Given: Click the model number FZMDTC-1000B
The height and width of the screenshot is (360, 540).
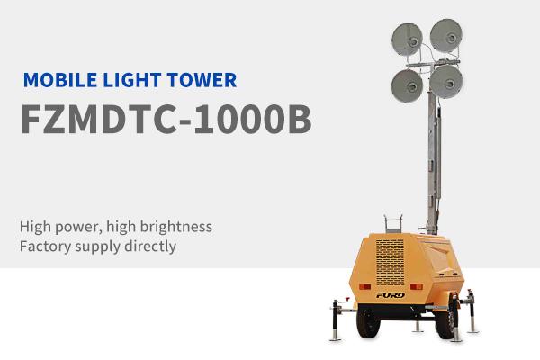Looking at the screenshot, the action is tap(166, 119).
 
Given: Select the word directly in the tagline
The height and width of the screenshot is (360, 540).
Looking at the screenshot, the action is tap(150, 247).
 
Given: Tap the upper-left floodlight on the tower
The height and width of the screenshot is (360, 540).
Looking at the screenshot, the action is tap(408, 39).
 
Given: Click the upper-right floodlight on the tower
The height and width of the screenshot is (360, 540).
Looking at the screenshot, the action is tap(446, 35).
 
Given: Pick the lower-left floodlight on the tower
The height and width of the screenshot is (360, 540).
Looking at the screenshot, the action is tap(407, 86).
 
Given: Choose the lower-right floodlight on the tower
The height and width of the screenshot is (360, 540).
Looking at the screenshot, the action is tap(446, 82).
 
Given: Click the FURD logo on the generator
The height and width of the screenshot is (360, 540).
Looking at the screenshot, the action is tap(391, 295).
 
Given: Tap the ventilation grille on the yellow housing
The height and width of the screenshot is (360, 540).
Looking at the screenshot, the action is tap(391, 263).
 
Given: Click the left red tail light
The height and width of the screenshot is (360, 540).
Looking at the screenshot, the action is tap(364, 286).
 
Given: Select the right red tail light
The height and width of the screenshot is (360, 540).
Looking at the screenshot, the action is tap(417, 286).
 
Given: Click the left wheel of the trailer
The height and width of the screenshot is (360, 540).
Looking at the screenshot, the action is tap(368, 322).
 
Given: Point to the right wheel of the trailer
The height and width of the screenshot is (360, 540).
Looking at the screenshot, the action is tap(446, 323).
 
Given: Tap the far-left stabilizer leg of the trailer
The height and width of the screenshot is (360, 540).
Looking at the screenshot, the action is tap(335, 320).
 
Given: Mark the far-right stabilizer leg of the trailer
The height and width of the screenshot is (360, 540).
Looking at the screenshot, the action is tap(472, 311).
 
